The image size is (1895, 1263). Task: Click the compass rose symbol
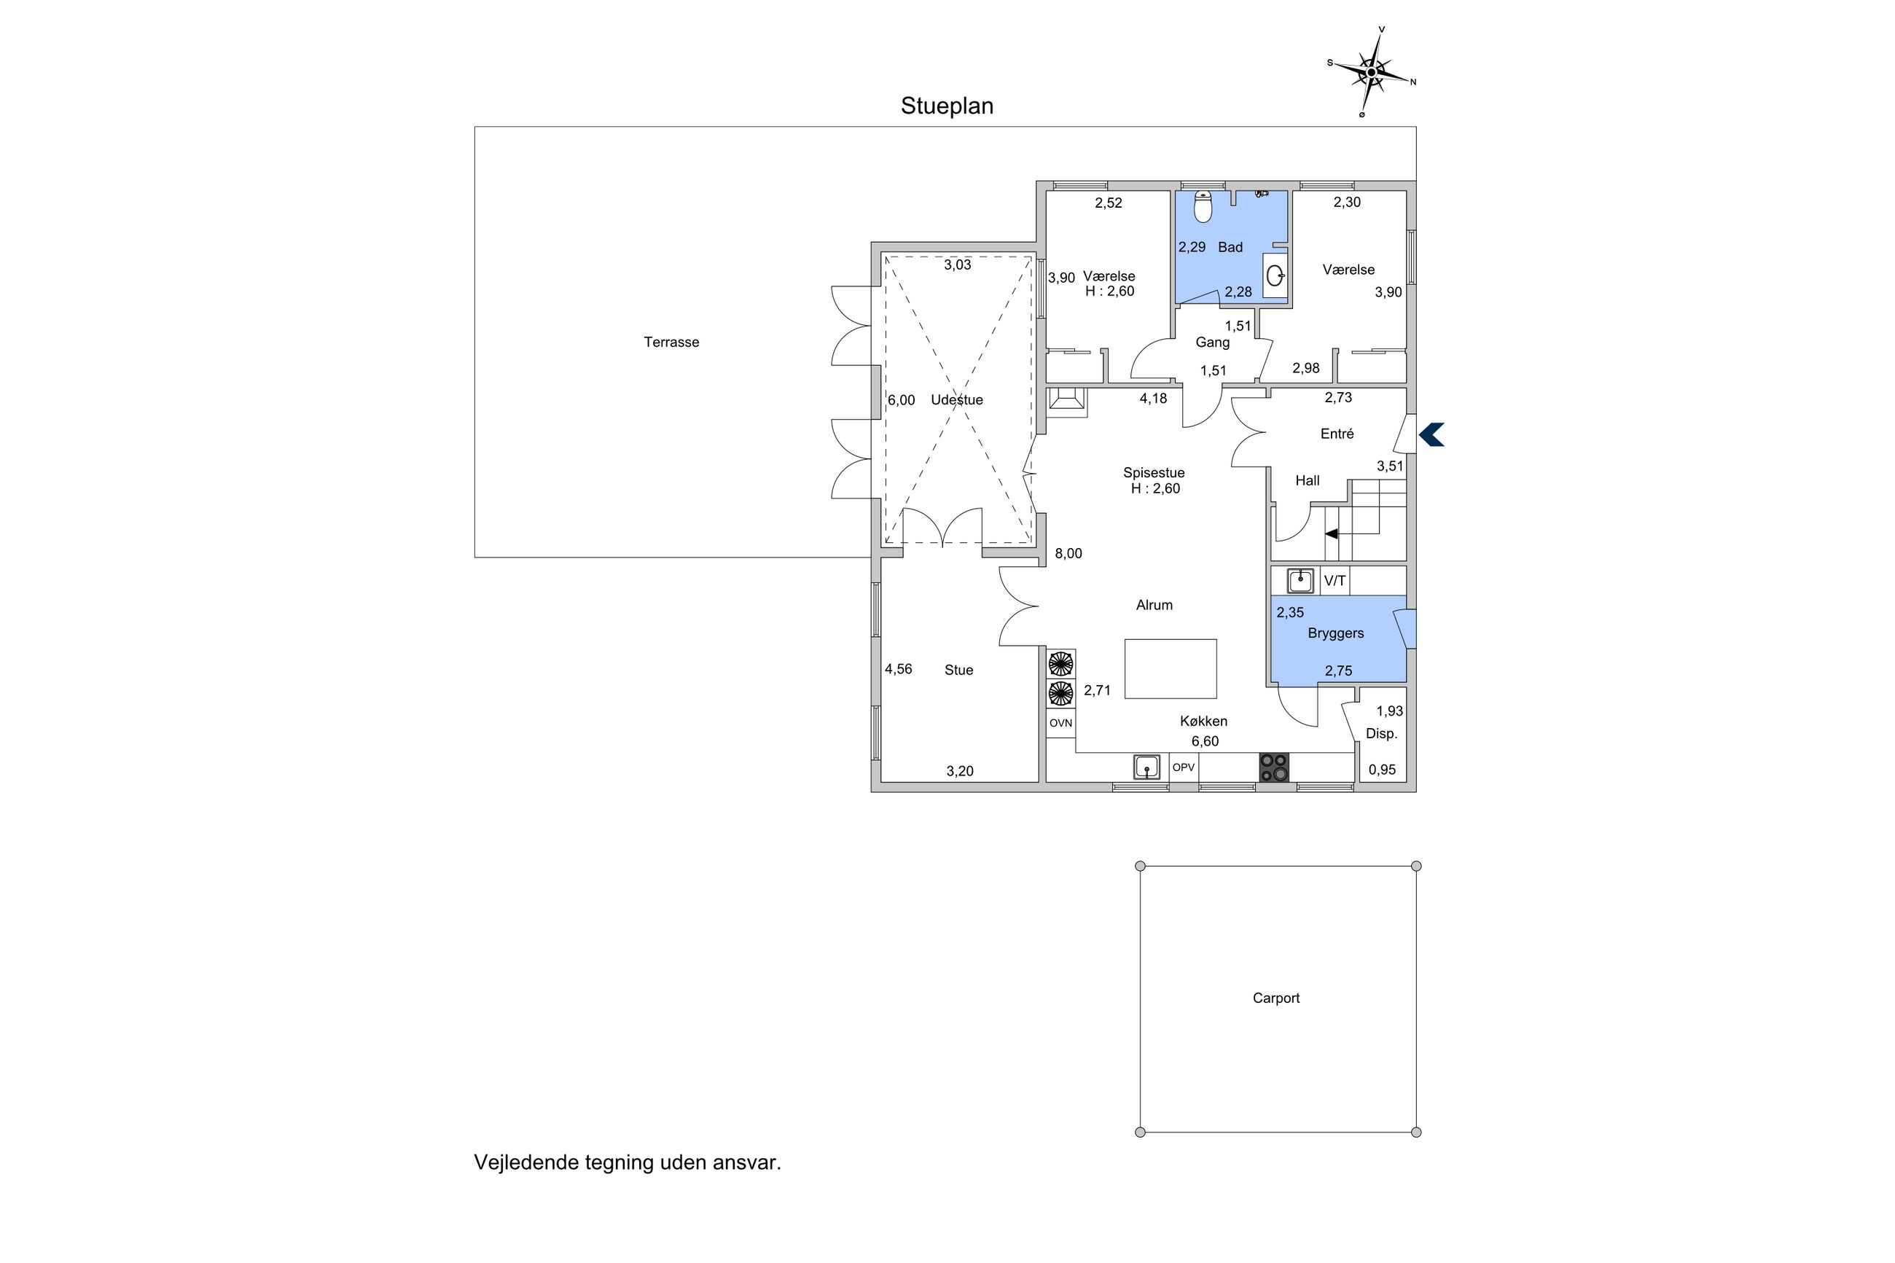click(1371, 72)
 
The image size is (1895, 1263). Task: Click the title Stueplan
click(946, 106)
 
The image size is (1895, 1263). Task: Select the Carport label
click(1275, 998)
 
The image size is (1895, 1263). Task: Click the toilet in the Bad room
click(1203, 206)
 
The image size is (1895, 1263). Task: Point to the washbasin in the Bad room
click(1274, 276)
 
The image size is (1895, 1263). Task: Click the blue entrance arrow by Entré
click(1431, 435)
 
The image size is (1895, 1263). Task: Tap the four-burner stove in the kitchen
click(1273, 767)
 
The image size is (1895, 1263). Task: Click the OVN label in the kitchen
click(1060, 723)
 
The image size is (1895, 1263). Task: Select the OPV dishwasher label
click(1183, 767)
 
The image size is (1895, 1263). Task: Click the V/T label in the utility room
click(1335, 581)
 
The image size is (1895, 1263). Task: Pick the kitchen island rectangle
click(1171, 668)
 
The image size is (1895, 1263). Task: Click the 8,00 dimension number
click(1068, 553)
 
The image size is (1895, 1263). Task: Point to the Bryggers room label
click(1335, 633)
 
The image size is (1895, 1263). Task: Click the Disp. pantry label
click(1381, 734)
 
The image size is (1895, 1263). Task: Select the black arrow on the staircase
click(1332, 533)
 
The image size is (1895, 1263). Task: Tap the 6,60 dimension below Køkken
click(1205, 741)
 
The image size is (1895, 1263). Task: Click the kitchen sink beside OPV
click(1146, 767)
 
